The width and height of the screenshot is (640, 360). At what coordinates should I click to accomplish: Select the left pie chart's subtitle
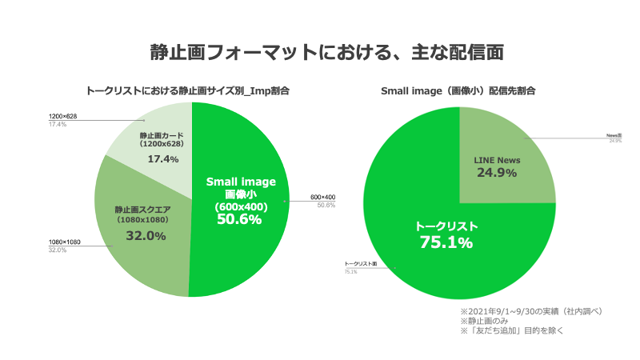click(x=187, y=91)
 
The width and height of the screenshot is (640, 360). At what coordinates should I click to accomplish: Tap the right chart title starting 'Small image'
click(x=458, y=91)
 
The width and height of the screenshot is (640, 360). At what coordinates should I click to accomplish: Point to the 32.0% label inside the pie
click(x=146, y=236)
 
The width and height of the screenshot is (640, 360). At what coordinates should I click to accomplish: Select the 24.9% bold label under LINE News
click(x=497, y=173)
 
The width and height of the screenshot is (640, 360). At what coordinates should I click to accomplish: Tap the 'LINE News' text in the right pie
click(x=498, y=160)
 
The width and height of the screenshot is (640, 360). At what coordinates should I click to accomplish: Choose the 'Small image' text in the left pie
click(x=241, y=182)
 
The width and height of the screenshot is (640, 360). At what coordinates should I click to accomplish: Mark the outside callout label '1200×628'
click(x=62, y=117)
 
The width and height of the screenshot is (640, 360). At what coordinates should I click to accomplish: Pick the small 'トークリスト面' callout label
click(x=360, y=263)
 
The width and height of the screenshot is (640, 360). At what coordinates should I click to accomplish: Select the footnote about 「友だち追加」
click(x=511, y=330)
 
